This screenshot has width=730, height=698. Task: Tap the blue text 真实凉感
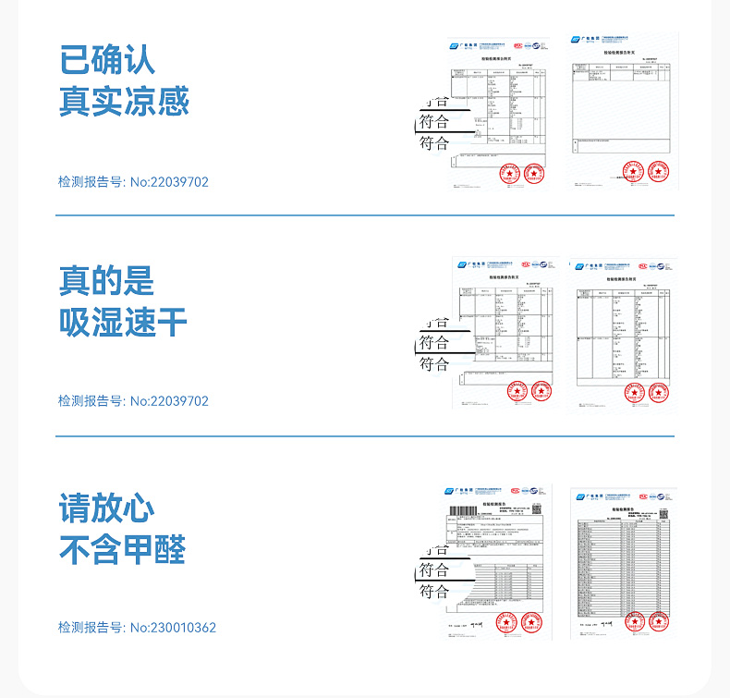(124, 101)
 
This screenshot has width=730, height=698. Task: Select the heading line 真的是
(107, 280)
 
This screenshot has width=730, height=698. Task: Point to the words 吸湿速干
(124, 322)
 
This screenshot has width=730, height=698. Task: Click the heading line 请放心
(107, 508)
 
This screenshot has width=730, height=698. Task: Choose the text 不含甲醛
(124, 550)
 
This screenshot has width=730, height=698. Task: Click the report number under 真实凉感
(133, 182)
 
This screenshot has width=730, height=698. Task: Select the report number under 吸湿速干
(133, 401)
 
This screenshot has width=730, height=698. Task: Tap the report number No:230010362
(137, 628)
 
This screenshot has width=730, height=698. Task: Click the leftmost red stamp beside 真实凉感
(507, 173)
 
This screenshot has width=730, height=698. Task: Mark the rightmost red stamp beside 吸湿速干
(658, 392)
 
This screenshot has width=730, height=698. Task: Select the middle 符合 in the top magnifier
(434, 122)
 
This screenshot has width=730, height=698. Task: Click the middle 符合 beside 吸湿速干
(434, 343)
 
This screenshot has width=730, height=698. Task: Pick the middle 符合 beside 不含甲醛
(434, 570)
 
